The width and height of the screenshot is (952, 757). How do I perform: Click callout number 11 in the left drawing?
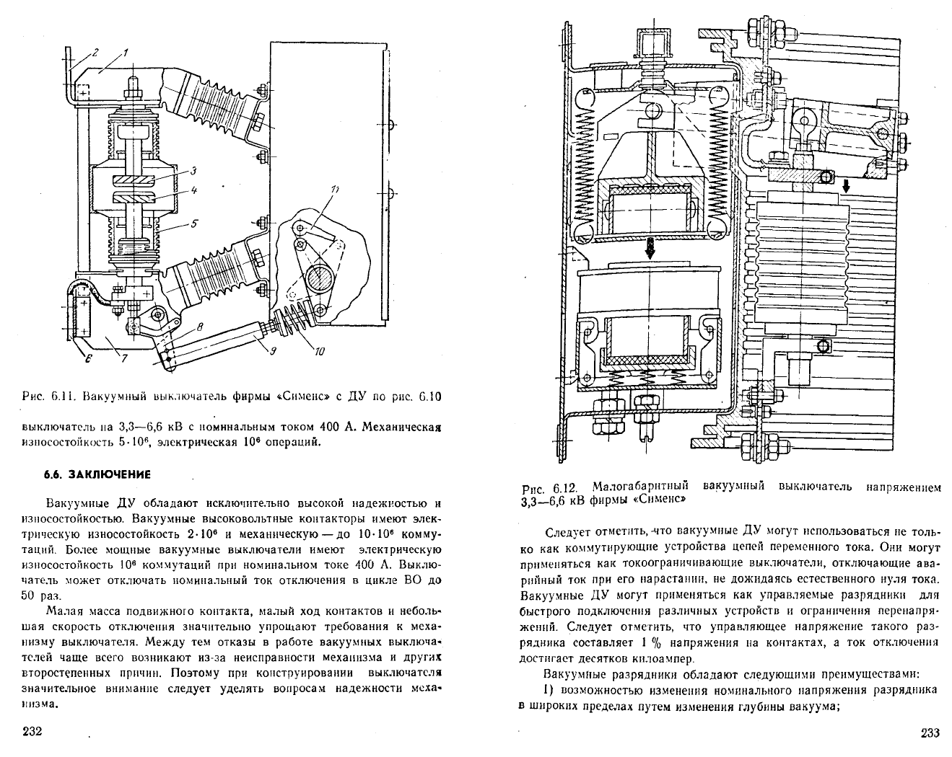(334, 190)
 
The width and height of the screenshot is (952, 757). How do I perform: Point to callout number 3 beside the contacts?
(193, 172)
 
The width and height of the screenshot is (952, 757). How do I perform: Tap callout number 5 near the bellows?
(193, 223)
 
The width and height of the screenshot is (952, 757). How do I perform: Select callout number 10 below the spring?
(319, 351)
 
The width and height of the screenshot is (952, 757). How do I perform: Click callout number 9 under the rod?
(273, 351)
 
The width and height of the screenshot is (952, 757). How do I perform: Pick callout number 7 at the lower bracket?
(124, 358)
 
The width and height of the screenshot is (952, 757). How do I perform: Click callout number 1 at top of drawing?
(125, 53)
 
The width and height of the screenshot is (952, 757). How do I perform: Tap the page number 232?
(32, 730)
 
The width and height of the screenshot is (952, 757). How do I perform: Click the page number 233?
(930, 732)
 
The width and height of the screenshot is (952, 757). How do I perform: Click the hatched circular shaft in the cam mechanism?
(318, 280)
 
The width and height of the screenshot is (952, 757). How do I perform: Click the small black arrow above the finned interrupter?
(846, 186)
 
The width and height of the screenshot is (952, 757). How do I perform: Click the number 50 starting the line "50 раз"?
(28, 596)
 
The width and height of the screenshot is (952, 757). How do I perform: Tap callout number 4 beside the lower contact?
(193, 190)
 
